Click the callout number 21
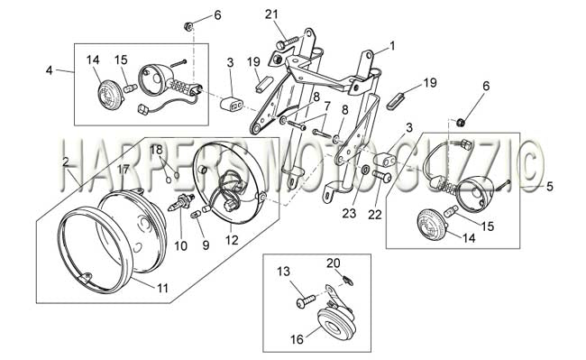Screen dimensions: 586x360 click(271, 14)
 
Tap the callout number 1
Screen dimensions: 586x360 click(392, 46)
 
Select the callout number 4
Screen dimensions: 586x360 click(50, 69)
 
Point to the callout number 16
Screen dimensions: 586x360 click(298, 339)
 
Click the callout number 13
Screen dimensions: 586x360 click(284, 272)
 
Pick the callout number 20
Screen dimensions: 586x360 click(334, 263)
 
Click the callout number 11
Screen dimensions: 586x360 click(162, 288)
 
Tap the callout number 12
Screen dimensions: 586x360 click(232, 240)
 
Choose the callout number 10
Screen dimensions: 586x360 click(180, 245)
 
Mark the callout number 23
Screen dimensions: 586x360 click(350, 213)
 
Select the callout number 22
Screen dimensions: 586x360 click(375, 214)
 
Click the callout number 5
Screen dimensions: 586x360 click(549, 186)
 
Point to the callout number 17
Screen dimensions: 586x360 click(123, 170)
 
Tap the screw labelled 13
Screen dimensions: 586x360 click(306, 301)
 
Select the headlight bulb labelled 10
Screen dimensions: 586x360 click(181, 202)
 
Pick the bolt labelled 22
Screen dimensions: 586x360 click(381, 176)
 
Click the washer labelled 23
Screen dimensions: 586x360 click(365, 170)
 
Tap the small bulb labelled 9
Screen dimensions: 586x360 click(197, 215)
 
